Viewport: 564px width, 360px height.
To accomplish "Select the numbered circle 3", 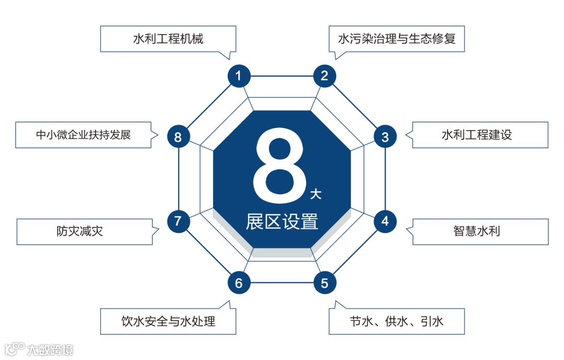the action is (x=385, y=137).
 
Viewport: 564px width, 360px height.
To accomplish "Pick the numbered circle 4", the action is (x=385, y=221).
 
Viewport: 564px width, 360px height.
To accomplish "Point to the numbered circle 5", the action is (x=324, y=283).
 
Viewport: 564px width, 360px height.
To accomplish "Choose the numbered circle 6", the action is (x=239, y=283).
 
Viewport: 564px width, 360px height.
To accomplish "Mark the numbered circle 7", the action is (x=178, y=221).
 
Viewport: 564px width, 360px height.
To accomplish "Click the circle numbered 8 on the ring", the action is (x=178, y=137).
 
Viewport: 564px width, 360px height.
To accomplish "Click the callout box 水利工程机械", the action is (x=168, y=39).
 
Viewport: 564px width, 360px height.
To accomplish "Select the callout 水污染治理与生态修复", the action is (x=397, y=39).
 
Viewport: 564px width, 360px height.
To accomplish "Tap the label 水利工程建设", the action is (x=476, y=135).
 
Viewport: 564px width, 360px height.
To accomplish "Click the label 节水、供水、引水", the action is (x=397, y=321).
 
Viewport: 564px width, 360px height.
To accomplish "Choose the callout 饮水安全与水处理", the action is (x=168, y=321).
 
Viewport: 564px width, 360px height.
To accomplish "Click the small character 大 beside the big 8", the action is (x=315, y=195).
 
